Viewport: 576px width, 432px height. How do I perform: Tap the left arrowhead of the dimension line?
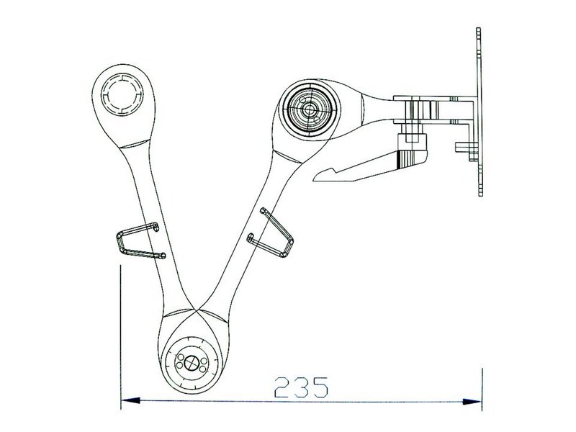coord(128,400)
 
